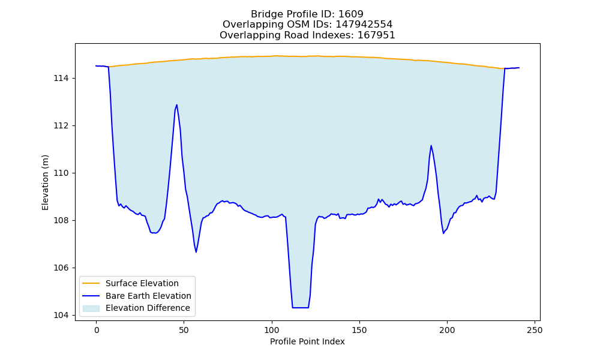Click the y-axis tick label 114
62,79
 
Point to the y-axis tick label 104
62,315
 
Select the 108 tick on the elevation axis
62,221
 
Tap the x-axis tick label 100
272,330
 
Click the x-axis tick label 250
535,330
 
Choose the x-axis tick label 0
97,330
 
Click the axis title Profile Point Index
307,341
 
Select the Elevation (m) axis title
45,182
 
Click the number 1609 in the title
351,14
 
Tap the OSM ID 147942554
364,25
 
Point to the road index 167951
376,35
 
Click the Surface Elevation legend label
142,283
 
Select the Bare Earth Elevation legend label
148,296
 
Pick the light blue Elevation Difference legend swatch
91,308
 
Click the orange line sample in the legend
91,283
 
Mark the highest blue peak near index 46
176,105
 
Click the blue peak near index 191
431,146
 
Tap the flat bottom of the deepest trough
301,308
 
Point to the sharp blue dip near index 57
196,252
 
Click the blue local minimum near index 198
443,233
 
